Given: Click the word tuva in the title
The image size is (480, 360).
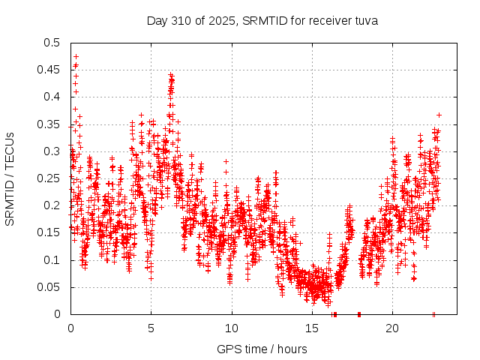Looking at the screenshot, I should [365, 21].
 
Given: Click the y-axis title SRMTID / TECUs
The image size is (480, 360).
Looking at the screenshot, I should [10, 178].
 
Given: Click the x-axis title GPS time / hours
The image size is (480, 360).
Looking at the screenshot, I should [262, 349].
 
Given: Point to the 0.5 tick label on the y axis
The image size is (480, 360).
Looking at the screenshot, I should [52, 43].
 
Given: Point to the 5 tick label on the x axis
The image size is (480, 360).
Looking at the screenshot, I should [151, 328].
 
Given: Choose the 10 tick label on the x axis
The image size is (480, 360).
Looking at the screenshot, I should [232, 328].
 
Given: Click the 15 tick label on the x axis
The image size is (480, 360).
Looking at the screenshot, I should [312, 328].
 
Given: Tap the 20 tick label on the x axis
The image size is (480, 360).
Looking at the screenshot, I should [392, 328].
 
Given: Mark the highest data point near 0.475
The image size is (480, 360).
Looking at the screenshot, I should [76, 56].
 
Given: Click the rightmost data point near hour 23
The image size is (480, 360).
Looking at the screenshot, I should [439, 115].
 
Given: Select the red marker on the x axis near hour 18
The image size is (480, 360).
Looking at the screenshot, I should [359, 314].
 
